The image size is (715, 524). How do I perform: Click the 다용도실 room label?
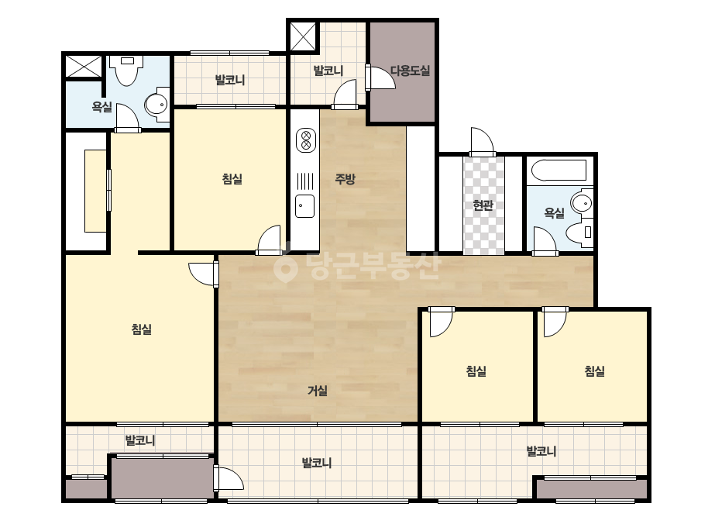[410, 71]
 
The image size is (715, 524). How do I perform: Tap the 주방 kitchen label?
[345, 179]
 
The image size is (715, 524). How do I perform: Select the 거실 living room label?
[318, 390]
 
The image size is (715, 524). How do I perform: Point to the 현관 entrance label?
[483, 205]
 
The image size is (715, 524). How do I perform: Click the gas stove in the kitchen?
[306, 140]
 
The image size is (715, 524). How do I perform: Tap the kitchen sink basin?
[305, 206]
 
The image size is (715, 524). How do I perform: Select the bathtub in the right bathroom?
[559, 171]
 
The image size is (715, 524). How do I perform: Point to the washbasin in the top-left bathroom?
[156, 105]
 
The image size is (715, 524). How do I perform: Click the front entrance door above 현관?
[483, 142]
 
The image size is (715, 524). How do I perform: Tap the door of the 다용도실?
[380, 78]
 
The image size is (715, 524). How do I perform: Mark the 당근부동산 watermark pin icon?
[285, 267]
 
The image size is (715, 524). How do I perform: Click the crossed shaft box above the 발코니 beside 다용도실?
[303, 36]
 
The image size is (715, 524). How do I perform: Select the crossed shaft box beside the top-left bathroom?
[84, 67]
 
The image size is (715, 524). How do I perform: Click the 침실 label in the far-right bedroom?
[595, 371]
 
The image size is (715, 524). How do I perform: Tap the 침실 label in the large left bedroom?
[141, 329]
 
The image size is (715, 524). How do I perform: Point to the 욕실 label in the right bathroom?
[555, 212]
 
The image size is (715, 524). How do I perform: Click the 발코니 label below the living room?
[317, 464]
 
